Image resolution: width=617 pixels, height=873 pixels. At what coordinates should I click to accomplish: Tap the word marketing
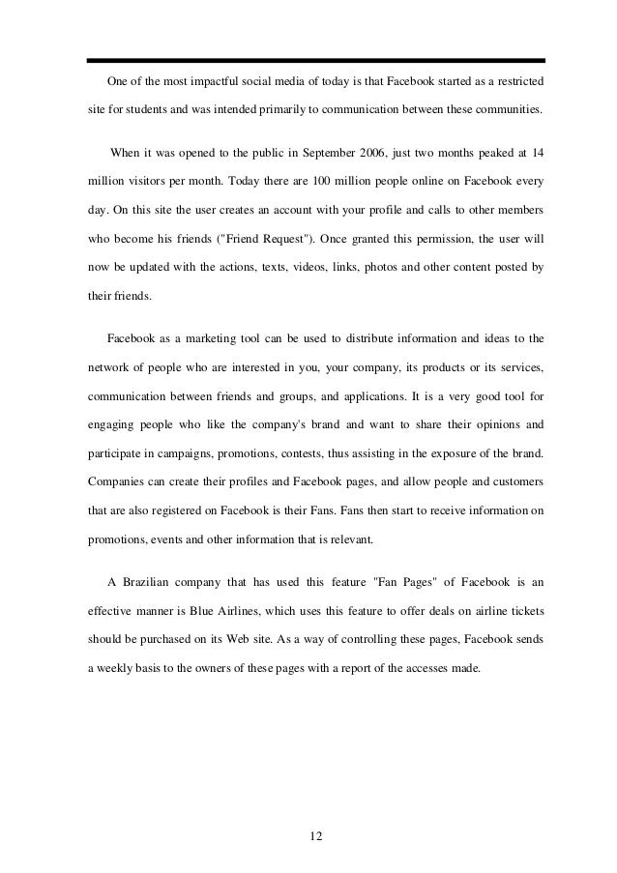pos(199,341)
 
